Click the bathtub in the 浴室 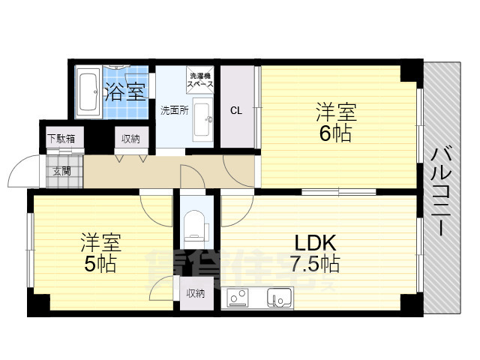coord(87,94)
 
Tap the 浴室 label coord(124,93)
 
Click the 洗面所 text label coord(174,110)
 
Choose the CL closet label coord(236,111)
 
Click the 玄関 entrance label coord(61,170)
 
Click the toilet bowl coord(196,223)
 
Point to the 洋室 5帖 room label coord(100,253)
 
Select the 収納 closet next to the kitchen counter coord(195,293)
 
